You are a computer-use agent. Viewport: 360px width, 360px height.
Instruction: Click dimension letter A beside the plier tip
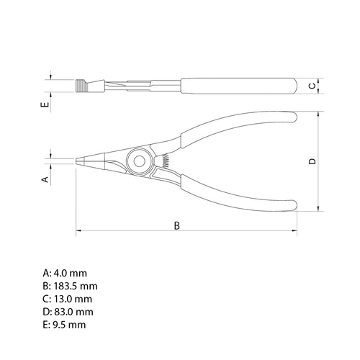pyautogui.click(x=45, y=179)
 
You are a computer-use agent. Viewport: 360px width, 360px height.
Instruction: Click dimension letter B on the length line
pyautogui.click(x=177, y=225)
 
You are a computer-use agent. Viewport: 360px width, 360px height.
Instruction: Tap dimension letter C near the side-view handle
pyautogui.click(x=312, y=86)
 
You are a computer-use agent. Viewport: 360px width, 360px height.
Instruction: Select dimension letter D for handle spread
pyautogui.click(x=312, y=161)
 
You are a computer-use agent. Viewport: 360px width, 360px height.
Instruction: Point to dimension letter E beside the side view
pyautogui.click(x=45, y=104)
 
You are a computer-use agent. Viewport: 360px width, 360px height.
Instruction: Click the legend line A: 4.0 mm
pyautogui.click(x=65, y=273)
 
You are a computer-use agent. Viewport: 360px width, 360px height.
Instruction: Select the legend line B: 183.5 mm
pyautogui.click(x=70, y=286)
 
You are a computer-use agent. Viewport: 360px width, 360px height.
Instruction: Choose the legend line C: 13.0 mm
pyautogui.click(x=68, y=299)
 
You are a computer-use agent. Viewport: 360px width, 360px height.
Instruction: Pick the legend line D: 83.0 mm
pyautogui.click(x=68, y=312)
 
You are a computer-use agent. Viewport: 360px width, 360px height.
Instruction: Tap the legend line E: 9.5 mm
pyautogui.click(x=64, y=325)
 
